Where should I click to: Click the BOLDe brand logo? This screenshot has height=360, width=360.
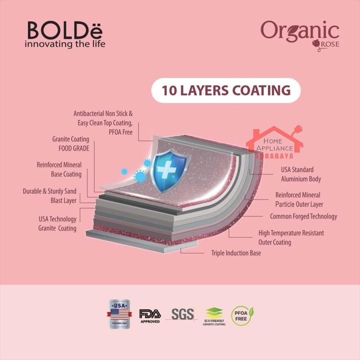tap(65, 31)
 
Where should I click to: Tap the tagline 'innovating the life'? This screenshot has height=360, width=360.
tap(65, 45)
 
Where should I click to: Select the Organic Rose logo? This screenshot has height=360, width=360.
tap(300, 34)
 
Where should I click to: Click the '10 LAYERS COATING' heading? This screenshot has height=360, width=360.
tap(226, 90)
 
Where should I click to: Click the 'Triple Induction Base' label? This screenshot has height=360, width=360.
tap(236, 253)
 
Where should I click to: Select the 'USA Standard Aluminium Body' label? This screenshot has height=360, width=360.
tap(301, 174)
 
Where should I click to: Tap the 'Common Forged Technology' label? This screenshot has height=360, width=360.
tap(303, 217)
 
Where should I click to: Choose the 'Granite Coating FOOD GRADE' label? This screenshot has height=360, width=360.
tap(71, 144)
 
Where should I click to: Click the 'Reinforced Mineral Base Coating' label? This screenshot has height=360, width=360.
tap(59, 169)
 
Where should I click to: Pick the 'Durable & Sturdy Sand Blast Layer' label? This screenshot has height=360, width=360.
tap(50, 196)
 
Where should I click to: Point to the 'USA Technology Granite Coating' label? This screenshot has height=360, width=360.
tap(57, 224)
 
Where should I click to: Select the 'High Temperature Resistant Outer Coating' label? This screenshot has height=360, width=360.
tap(291, 238)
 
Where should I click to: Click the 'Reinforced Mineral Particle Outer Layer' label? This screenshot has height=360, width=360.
tap(299, 200)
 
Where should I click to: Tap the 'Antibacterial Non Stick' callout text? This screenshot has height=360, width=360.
tap(103, 123)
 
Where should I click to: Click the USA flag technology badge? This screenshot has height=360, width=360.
tap(120, 314)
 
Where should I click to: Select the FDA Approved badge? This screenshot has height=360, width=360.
tap(150, 315)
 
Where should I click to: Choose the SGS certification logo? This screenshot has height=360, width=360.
tap(182, 314)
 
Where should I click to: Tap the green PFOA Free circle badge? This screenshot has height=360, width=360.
tap(242, 315)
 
